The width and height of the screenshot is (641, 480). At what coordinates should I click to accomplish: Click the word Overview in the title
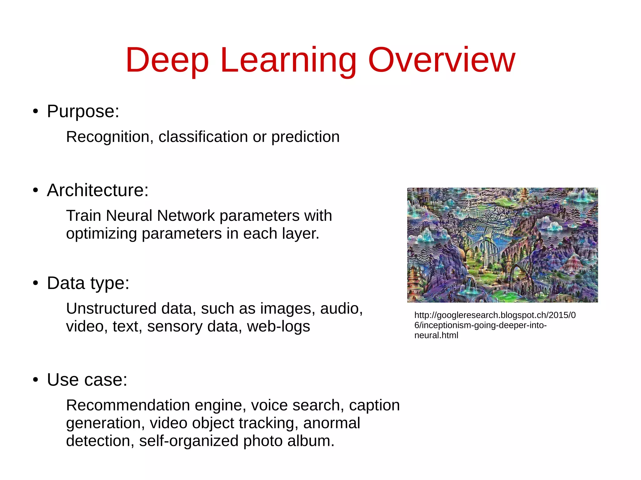441,60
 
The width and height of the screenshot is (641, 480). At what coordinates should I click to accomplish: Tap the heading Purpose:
83,111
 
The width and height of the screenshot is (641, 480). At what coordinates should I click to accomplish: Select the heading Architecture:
98,190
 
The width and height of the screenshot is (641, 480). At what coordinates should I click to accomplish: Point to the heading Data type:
88,283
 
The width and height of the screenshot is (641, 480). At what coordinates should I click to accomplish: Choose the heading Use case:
87,380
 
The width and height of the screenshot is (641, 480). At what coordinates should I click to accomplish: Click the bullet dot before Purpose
36,112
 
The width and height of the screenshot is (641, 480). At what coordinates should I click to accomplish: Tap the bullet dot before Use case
36,380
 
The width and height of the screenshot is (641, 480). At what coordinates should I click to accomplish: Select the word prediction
305,137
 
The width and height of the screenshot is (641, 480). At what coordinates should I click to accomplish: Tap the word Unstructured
111,309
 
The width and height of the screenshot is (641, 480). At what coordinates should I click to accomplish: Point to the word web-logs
278,326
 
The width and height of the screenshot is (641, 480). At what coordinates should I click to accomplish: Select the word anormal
331,423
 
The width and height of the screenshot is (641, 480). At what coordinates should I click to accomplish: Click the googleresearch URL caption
495,325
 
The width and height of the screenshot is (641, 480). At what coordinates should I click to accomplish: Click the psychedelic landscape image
502,245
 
